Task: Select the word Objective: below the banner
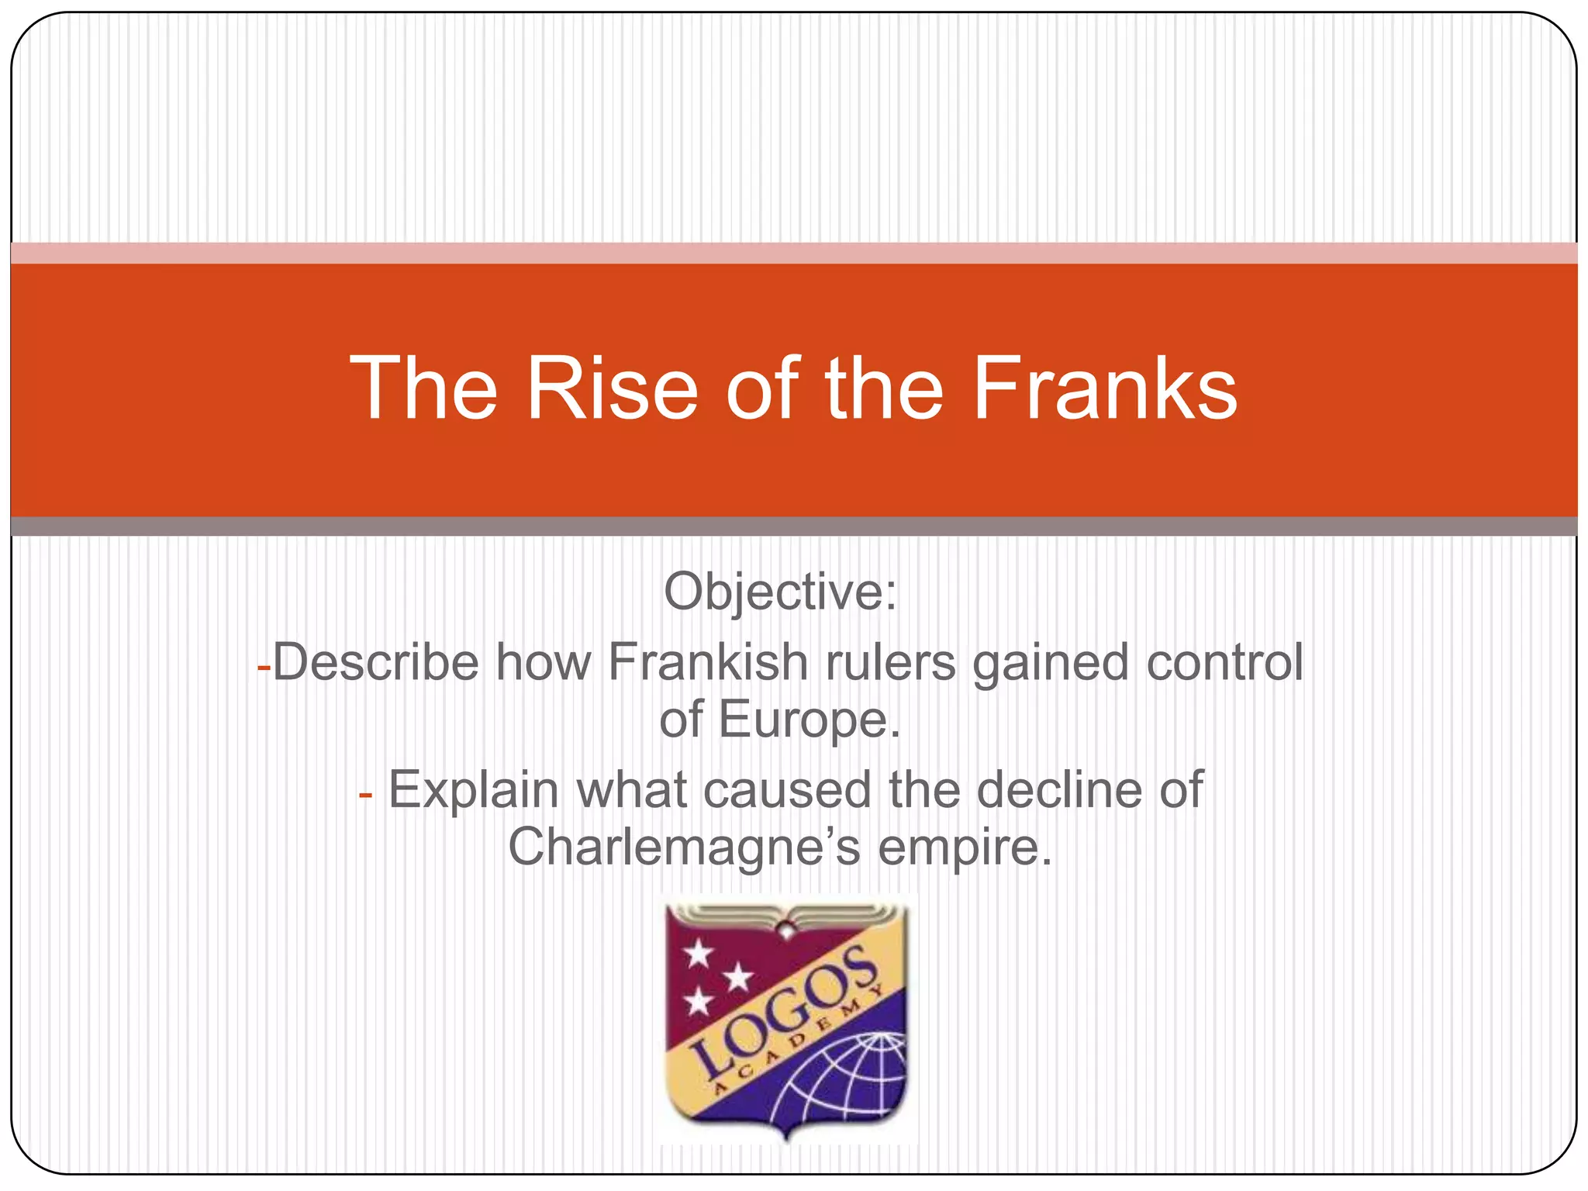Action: coord(780,592)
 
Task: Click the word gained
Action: coord(1050,664)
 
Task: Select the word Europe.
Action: coord(809,720)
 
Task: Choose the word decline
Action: coord(1059,789)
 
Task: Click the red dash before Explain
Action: coord(366,794)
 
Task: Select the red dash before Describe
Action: coord(264,666)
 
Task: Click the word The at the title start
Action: coord(423,388)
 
